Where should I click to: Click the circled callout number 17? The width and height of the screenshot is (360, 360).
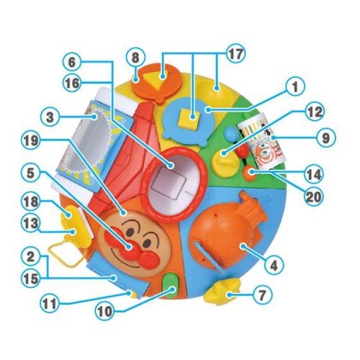(235, 54)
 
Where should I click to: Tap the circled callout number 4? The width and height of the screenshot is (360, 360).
(274, 266)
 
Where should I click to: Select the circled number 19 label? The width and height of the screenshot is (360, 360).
(31, 141)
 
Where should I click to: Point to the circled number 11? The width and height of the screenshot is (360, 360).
(50, 304)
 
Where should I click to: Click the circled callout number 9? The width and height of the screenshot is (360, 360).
(325, 138)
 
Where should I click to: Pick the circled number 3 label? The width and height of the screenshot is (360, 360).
(50, 117)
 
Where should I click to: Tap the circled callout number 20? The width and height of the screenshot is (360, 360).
(314, 197)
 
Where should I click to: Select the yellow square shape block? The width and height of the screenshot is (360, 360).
(190, 118)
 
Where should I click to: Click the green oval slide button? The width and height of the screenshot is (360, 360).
(171, 286)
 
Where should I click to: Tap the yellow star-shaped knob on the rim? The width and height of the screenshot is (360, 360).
(222, 290)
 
